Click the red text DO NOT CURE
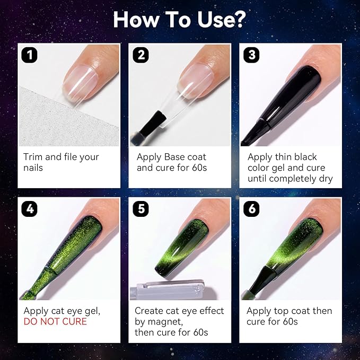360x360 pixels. pos(55,322)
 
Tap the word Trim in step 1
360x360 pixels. pos(33,157)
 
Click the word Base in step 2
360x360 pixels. pos(174,157)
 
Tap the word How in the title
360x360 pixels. pos(135,19)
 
